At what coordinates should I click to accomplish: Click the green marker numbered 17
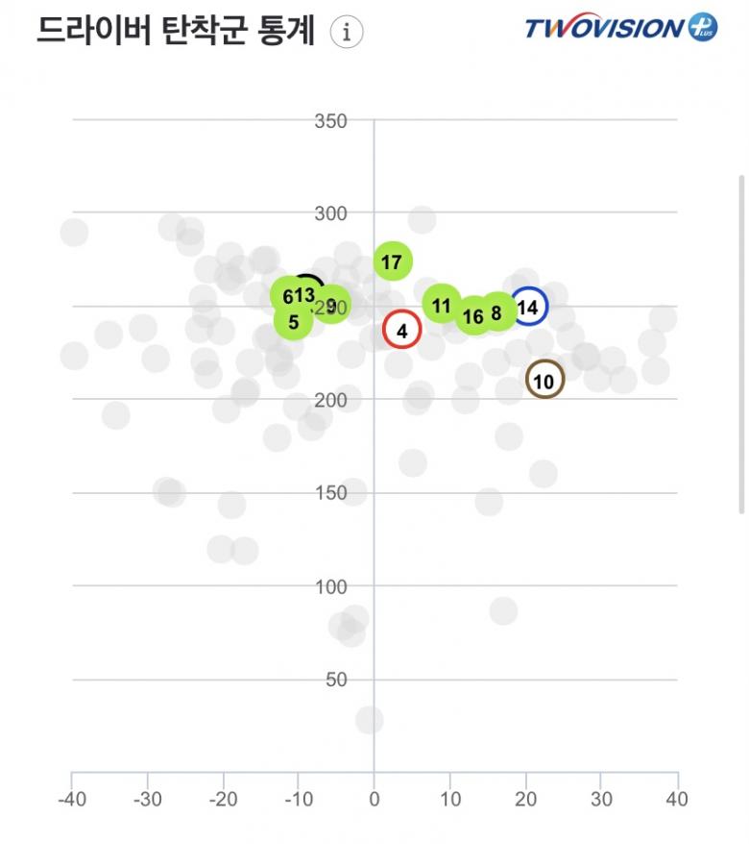point(392,261)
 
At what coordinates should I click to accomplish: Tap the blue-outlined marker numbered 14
point(528,308)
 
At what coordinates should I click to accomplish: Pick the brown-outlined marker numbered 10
point(544,382)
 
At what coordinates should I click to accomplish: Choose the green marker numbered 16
point(473,316)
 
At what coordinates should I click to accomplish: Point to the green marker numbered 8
point(497,312)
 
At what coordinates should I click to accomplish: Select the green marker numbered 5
point(293,322)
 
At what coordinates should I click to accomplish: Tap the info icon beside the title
point(347,32)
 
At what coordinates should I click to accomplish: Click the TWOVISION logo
point(619,27)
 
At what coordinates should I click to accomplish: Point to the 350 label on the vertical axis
point(331,121)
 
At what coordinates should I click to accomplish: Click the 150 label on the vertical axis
point(331,493)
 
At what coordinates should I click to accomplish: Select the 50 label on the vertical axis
point(335,680)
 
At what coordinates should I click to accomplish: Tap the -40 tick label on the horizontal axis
point(70,799)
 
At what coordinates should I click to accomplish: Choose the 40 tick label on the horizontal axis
point(677,799)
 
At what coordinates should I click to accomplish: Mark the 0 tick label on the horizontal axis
point(374,799)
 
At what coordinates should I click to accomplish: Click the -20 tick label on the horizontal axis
point(223,799)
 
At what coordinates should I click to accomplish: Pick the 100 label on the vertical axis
point(331,586)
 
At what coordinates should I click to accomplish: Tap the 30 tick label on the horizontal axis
point(601,799)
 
